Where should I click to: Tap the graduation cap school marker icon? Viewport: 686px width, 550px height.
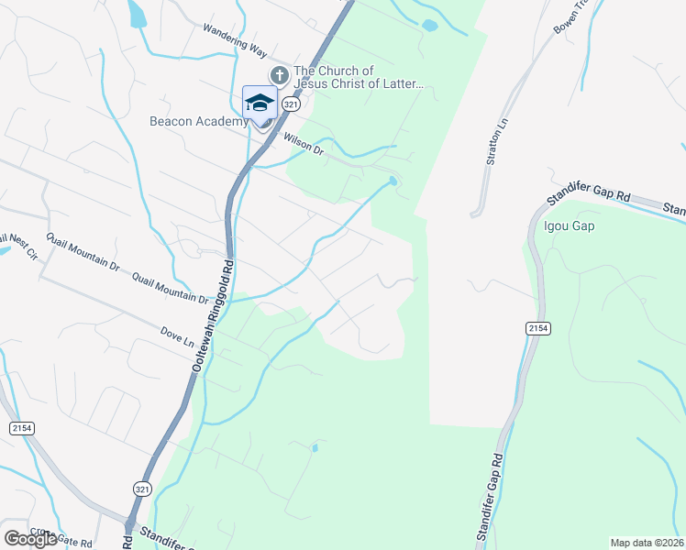coord(260,104)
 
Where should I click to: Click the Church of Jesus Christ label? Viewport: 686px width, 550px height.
coord(358,78)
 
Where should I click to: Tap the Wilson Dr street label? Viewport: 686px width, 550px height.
coord(304,144)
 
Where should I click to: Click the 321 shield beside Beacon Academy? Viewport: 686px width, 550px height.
coord(291,104)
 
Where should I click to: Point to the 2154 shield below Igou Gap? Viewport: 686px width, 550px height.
coord(537,327)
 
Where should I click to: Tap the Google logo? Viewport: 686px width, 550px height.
coord(30,539)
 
